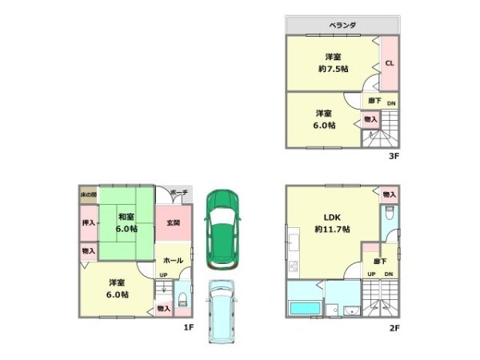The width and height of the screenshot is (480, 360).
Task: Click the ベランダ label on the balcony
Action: pyautogui.click(x=342, y=26)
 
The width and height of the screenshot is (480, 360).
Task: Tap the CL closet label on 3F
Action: pyautogui.click(x=389, y=63)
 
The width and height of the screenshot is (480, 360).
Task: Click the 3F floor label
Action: pyautogui.click(x=393, y=156)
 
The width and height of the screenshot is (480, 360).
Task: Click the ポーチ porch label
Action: pyautogui.click(x=179, y=193)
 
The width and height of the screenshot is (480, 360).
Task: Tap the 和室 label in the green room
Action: pyautogui.click(x=125, y=217)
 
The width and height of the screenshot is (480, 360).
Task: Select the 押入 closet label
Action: pyautogui.click(x=88, y=223)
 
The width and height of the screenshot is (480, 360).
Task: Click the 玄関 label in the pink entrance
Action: pyautogui.click(x=173, y=223)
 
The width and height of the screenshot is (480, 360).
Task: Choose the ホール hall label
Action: pyautogui.click(x=173, y=261)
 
